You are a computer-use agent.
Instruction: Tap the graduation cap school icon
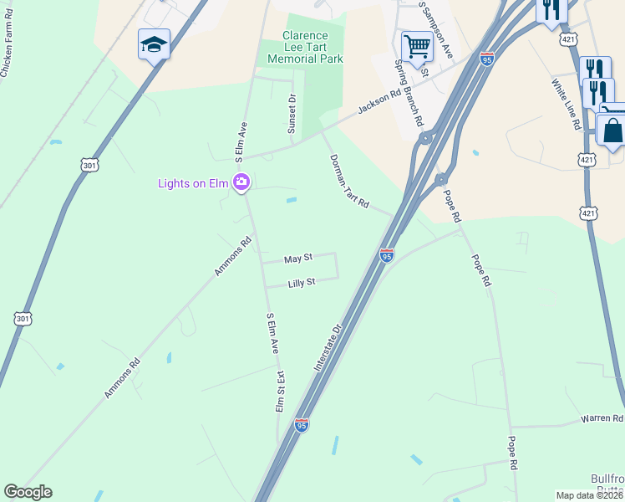coord(154,44)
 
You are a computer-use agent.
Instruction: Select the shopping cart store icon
coord(416,46)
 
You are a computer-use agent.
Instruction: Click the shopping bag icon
coord(612,131)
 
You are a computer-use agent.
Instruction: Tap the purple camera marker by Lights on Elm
coord(242,182)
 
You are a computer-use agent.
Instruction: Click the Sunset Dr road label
coord(292,114)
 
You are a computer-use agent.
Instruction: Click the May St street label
coord(297,259)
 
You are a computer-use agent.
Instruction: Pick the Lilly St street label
coord(301,283)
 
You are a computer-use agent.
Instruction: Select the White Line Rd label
coord(566,105)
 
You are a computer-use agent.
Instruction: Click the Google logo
coord(28,492)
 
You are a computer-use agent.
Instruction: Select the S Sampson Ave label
coord(435,29)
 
